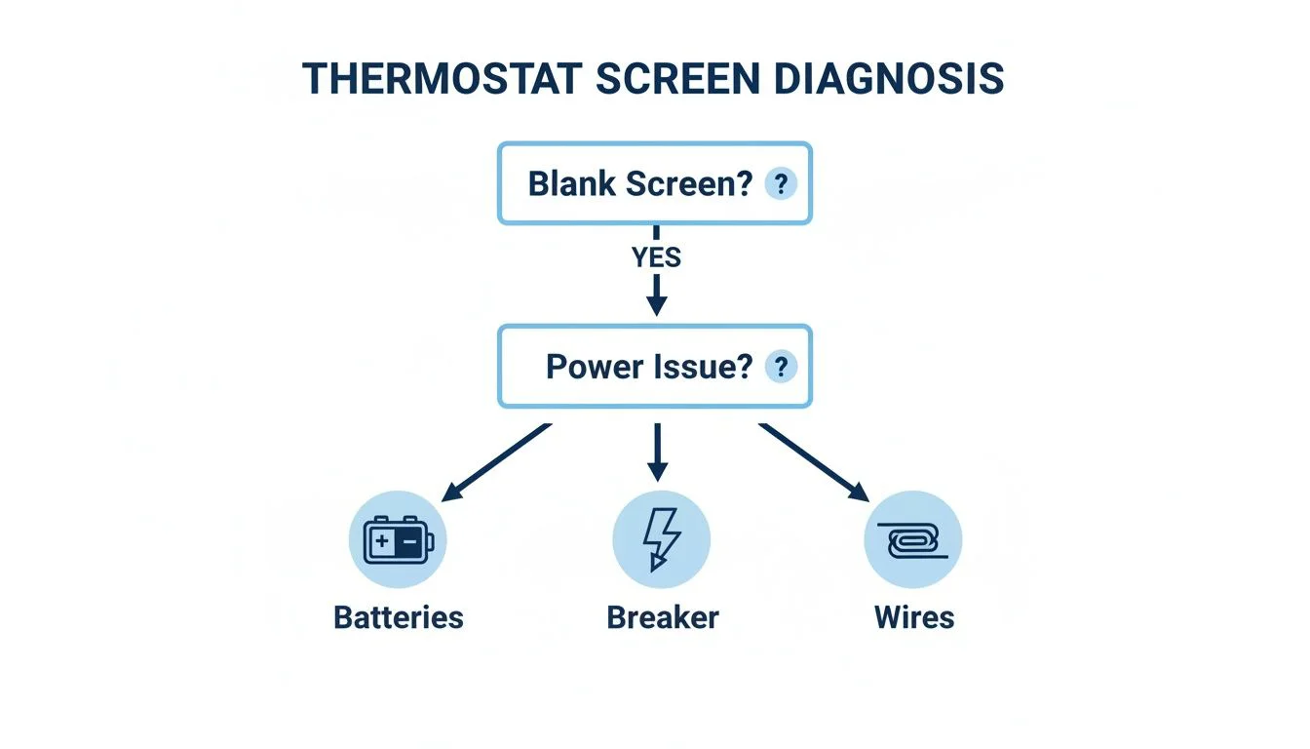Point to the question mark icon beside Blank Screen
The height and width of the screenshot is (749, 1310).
tap(780, 183)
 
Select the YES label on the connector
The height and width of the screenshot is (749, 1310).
tap(656, 257)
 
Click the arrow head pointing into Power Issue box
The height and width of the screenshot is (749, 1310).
tap(656, 304)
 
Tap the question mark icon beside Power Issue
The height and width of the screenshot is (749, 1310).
tap(780, 367)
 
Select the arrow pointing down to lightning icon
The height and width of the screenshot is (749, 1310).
tap(657, 453)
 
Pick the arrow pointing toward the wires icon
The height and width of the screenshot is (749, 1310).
tap(815, 462)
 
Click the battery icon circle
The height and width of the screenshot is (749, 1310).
tap(398, 539)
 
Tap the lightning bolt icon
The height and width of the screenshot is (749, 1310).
tap(661, 539)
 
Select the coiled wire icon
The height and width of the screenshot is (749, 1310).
tap(913, 539)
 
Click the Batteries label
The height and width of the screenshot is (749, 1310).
tap(398, 617)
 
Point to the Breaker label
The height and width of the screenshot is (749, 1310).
tap(662, 617)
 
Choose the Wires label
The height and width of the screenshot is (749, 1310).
tap(913, 617)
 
